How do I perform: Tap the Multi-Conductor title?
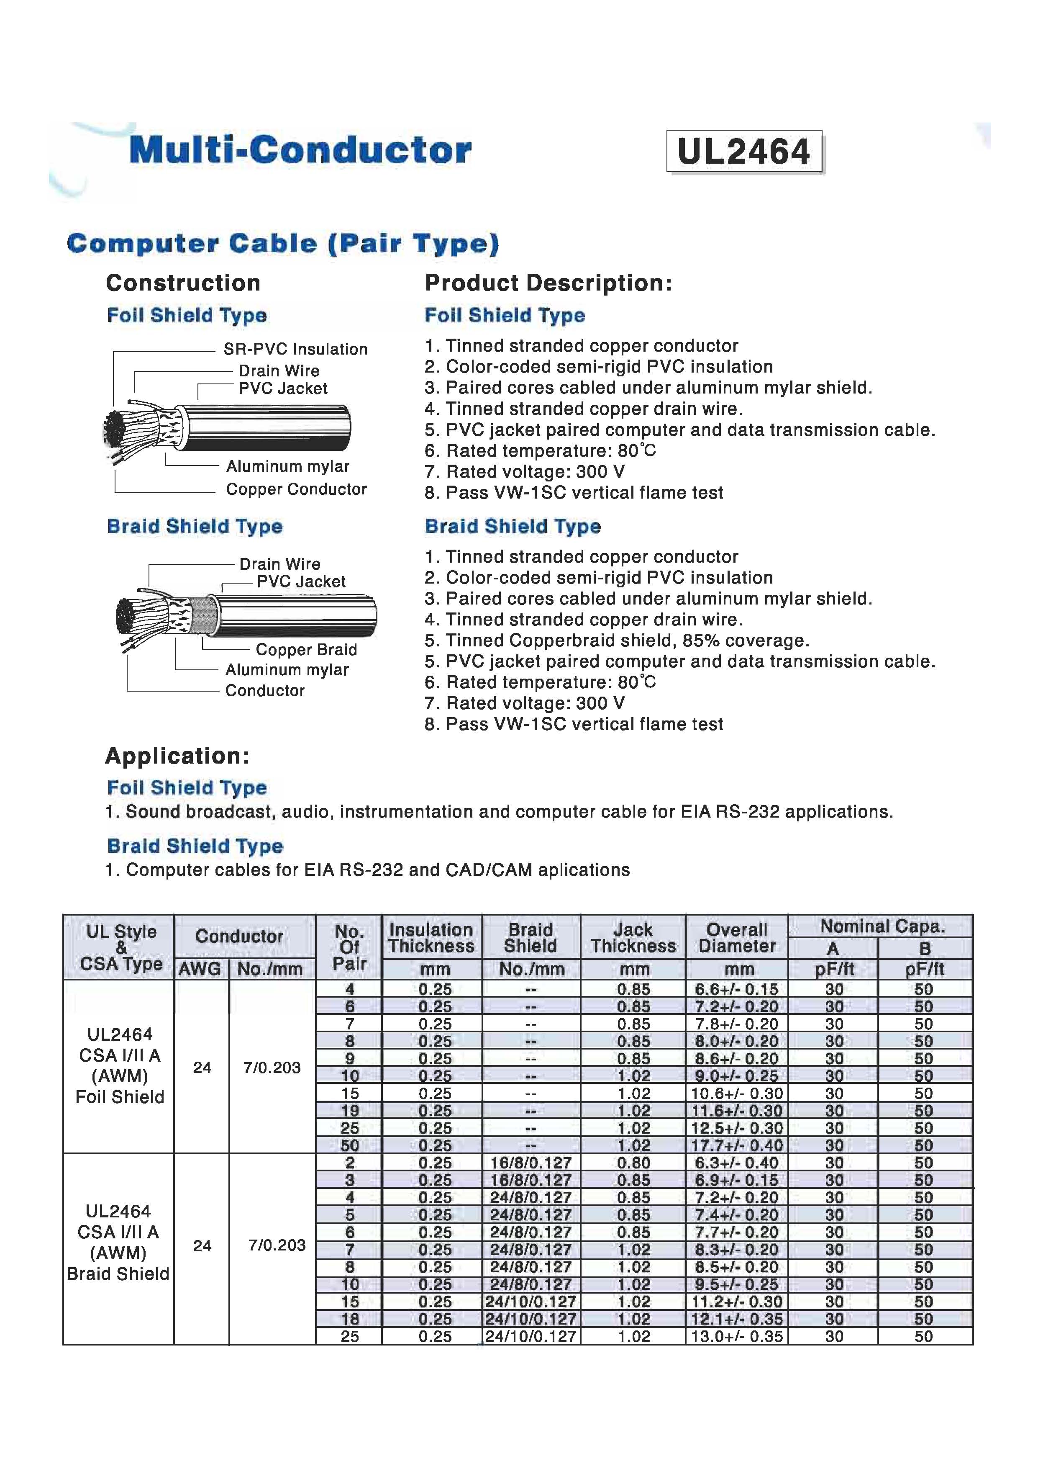coord(300,150)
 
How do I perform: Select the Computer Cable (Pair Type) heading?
coord(283,244)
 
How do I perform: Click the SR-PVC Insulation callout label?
coord(295,349)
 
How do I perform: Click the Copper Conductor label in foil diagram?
coord(296,489)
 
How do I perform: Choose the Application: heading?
coord(177,756)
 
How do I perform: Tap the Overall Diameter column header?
coord(737,938)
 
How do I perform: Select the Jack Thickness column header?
coord(633,938)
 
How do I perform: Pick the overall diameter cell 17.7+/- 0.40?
coord(737,1146)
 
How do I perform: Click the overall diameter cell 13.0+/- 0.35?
coord(737,1337)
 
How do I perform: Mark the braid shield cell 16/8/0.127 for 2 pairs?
coord(531,1163)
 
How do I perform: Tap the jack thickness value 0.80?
coord(633,1163)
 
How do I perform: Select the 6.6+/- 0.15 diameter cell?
coord(737,990)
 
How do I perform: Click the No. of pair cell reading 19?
coord(349,1111)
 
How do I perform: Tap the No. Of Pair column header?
coord(349,947)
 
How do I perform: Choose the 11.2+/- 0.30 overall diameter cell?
coord(737,1302)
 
